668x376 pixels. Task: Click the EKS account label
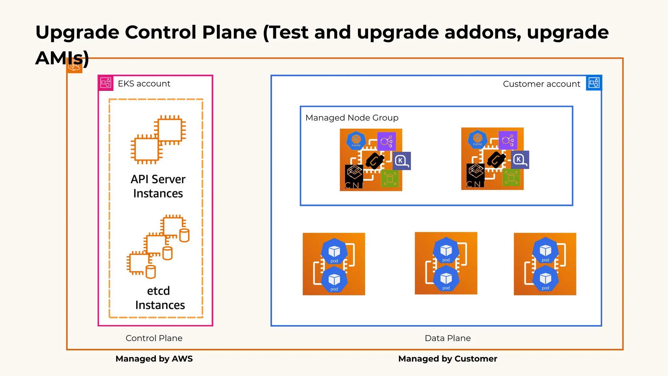[x=144, y=84]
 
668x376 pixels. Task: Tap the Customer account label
[x=541, y=84]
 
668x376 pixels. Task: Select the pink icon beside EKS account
[x=106, y=83]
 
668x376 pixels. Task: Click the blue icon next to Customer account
[x=594, y=83]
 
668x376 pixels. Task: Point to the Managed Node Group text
[x=352, y=118]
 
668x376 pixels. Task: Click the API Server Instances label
[x=158, y=186]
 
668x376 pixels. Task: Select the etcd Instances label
[x=159, y=298]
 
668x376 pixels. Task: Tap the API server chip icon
[x=158, y=139]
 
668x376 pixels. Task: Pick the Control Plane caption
[x=154, y=338]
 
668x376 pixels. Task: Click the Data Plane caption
[x=448, y=338]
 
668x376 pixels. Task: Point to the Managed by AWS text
[x=154, y=359]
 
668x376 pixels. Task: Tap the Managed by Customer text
[x=448, y=359]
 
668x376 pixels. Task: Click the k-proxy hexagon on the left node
[x=356, y=141]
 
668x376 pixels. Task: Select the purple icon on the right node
[x=508, y=140]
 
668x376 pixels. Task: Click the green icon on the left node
[x=390, y=178]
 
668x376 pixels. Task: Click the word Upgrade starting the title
[x=77, y=33]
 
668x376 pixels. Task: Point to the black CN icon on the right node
[x=475, y=175]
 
